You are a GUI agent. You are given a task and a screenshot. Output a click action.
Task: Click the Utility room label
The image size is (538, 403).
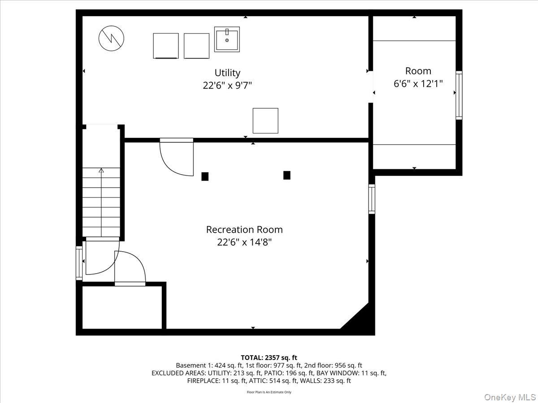(x=227, y=73)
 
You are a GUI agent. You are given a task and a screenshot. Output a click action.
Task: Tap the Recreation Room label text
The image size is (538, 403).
(x=244, y=230)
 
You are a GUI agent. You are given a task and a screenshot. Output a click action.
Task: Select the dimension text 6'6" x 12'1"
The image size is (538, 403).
(x=418, y=84)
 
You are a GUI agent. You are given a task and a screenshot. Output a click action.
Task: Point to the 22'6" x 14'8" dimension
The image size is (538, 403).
(x=244, y=242)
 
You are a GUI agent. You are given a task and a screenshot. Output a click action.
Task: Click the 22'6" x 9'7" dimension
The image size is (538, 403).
(x=227, y=86)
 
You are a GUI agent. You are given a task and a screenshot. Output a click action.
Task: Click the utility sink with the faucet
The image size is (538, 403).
(x=227, y=39)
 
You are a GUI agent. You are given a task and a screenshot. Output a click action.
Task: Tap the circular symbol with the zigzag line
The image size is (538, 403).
(x=111, y=39)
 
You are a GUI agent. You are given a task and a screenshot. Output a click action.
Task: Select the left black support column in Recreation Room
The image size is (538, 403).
(x=205, y=176)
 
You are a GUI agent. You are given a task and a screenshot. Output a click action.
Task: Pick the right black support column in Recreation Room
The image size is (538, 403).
(x=287, y=175)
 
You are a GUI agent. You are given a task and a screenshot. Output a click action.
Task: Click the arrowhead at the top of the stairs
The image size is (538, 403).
(x=101, y=170)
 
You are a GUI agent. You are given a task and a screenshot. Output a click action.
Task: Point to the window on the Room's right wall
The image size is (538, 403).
(x=459, y=95)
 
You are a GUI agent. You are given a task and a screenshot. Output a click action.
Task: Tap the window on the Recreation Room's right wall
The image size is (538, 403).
(x=372, y=199)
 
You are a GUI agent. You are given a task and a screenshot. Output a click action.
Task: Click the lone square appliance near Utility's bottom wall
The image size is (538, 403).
(x=265, y=120)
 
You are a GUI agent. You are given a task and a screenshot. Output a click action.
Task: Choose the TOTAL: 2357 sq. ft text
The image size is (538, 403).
(x=269, y=358)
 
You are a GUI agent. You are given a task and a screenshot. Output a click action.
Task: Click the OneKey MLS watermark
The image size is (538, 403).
(x=510, y=397)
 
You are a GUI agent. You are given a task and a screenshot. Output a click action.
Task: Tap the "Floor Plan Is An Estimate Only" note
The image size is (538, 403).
(x=269, y=392)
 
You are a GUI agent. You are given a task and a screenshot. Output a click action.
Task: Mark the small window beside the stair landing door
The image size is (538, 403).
(x=79, y=263)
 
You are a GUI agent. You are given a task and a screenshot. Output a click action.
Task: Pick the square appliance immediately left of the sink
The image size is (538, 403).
(x=196, y=46)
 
